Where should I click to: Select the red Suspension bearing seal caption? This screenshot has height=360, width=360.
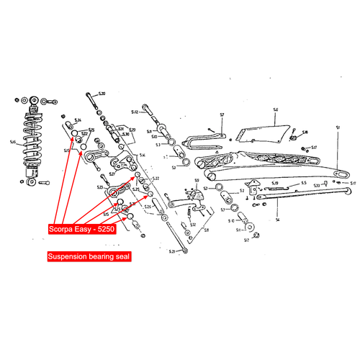click(x=88, y=256)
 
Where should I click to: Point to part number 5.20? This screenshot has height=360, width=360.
click(x=102, y=94)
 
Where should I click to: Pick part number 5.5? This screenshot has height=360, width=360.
click(x=303, y=184)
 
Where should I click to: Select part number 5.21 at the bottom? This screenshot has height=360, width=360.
click(x=172, y=251)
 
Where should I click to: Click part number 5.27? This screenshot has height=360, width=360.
click(x=112, y=174)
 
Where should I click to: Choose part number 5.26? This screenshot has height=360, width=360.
click(x=148, y=207)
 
